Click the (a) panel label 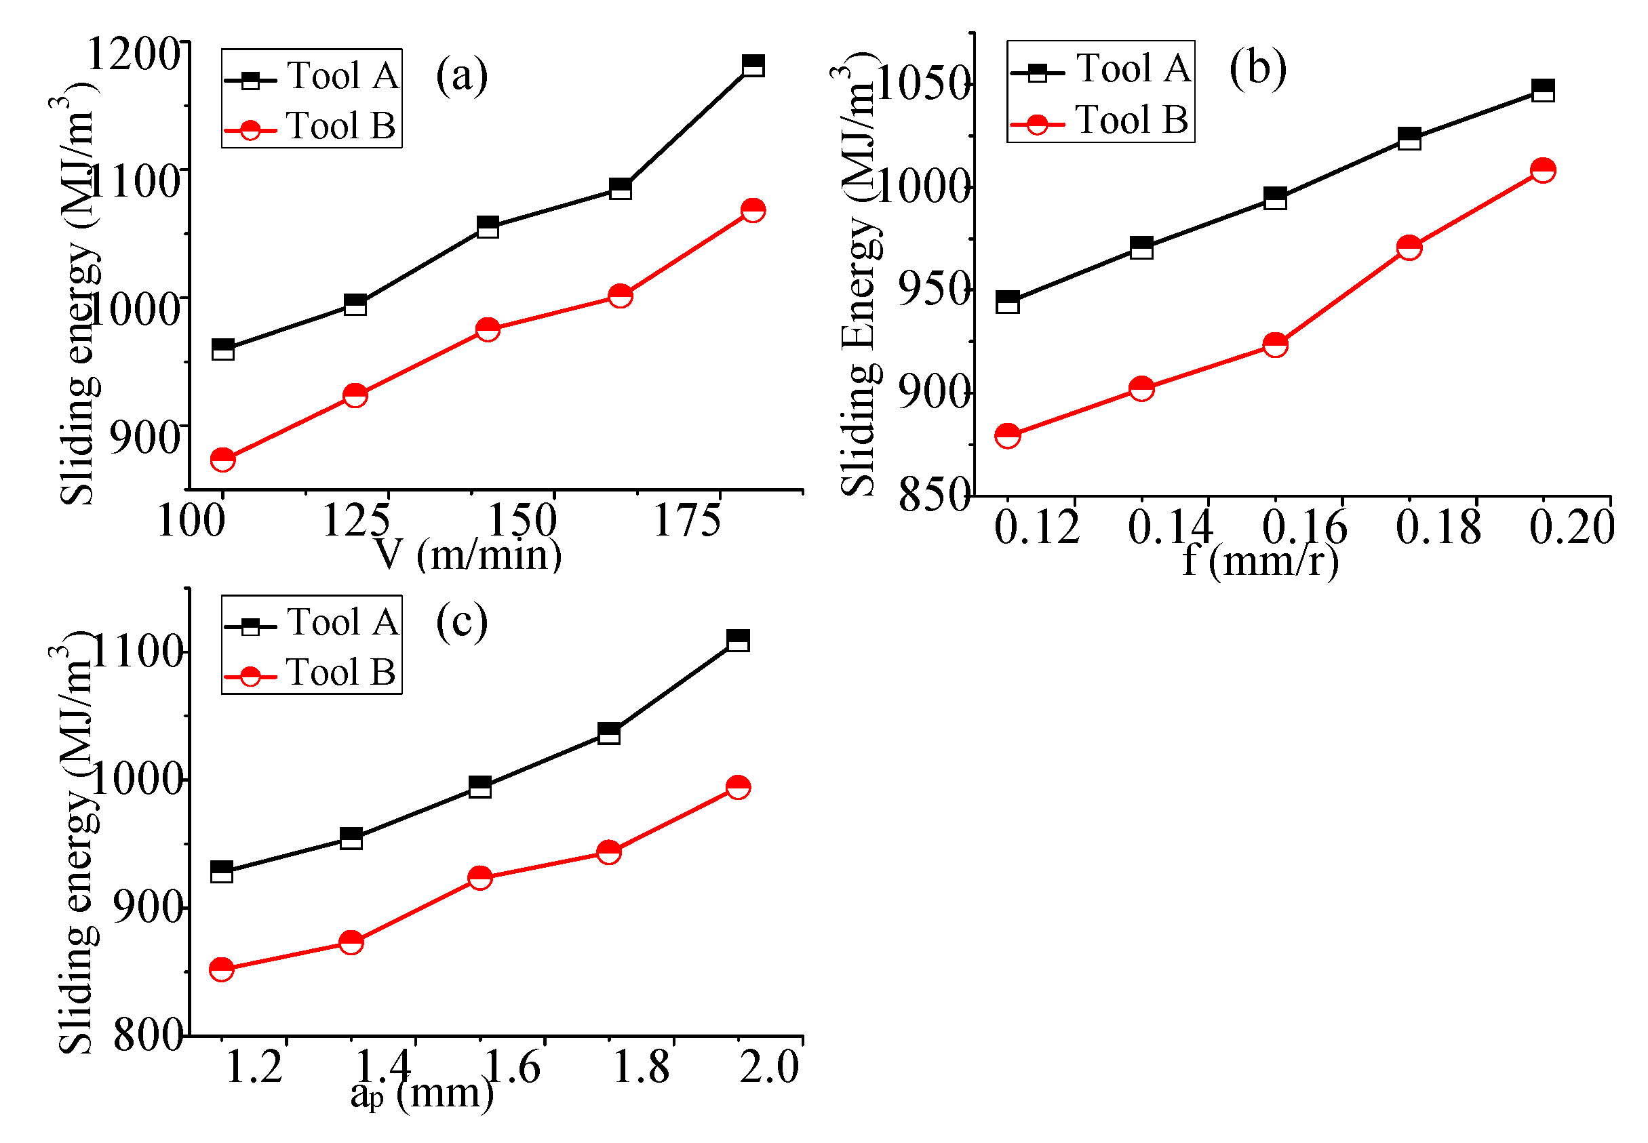462,75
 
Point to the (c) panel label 462,621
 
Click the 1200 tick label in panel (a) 133,54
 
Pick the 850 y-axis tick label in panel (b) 935,495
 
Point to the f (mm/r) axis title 1260,560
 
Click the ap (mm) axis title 422,1094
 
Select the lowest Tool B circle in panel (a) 222,459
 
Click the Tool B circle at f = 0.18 1409,248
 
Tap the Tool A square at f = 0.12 1007,302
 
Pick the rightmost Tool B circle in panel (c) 738,787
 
